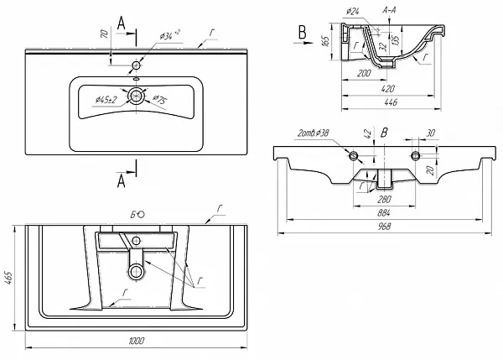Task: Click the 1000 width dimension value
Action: pos(137,341)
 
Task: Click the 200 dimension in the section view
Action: pos(363,73)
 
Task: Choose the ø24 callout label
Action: pos(352,11)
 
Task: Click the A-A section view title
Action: pos(389,10)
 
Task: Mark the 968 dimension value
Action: pos(381,227)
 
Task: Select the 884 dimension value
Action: pos(381,214)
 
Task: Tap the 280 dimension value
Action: pos(384,199)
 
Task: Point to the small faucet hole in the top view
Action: pos(136,64)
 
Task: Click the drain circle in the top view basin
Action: pos(136,96)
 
